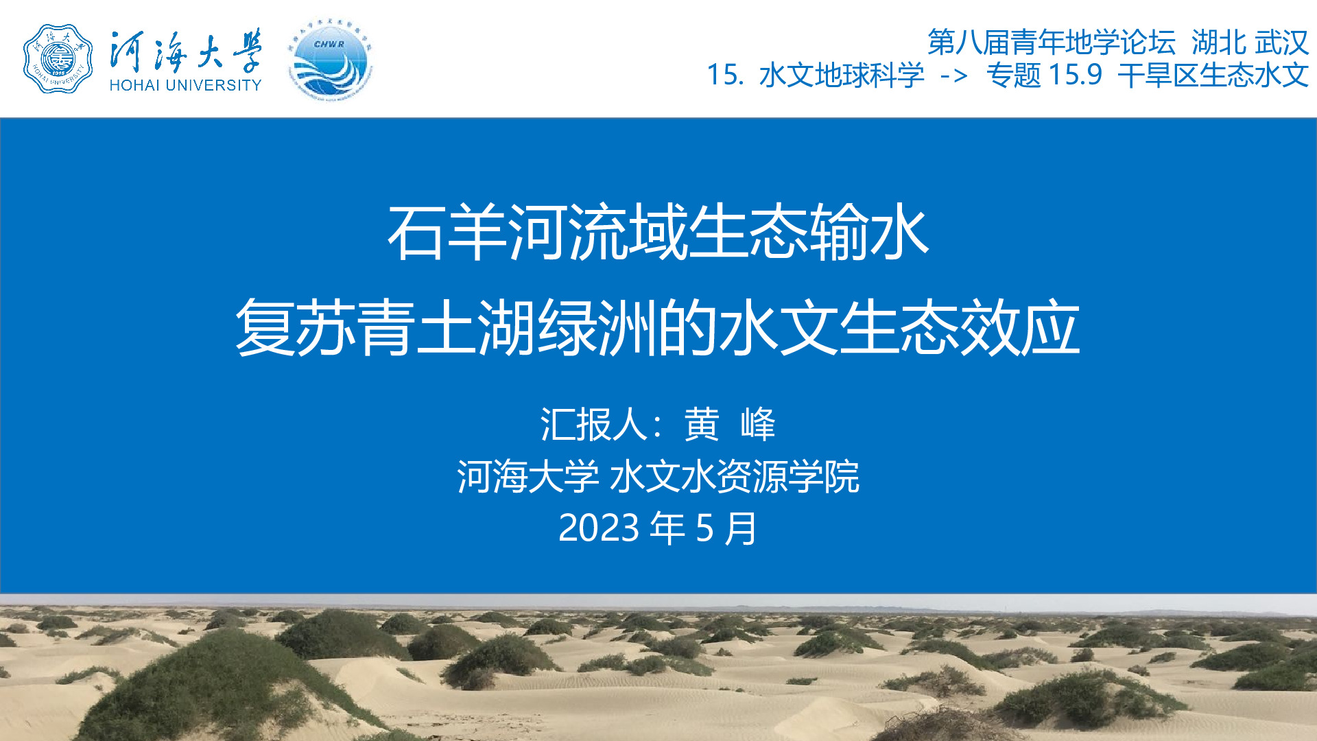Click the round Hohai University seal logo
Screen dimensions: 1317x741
[58, 59]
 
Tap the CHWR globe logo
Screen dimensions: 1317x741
[330, 60]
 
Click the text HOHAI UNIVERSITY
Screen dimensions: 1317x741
[185, 85]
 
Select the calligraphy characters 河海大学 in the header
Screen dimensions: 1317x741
[185, 51]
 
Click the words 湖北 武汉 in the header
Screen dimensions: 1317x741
[1250, 43]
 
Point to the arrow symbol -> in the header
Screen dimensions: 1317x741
[954, 75]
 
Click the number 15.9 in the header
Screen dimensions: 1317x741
[1075, 75]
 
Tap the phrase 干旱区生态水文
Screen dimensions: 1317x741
[1213, 75]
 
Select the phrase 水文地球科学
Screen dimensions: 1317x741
[842, 75]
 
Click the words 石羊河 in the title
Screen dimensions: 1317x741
[477, 233]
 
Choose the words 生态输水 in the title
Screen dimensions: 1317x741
[809, 233]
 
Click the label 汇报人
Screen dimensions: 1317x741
[594, 424]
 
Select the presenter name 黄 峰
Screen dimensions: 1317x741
[730, 424]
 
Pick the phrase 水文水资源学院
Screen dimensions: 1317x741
[734, 476]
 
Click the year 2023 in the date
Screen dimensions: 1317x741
[599, 528]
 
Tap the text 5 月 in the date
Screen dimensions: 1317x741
[726, 528]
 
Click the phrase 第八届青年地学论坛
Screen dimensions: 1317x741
[1052, 43]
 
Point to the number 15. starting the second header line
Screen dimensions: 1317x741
[725, 75]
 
